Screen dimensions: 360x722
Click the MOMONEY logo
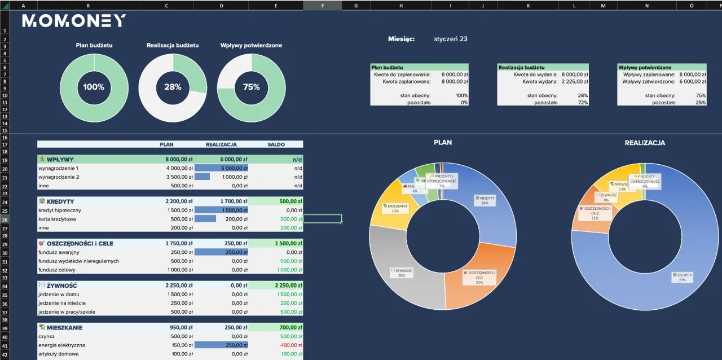click(74, 21)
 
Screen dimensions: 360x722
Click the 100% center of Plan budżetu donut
click(94, 87)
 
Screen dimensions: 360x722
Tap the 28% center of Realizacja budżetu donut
click(173, 87)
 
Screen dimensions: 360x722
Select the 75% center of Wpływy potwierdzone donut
click(251, 87)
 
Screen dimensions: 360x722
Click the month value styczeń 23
click(451, 39)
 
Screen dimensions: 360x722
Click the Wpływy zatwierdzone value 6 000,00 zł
click(693, 81)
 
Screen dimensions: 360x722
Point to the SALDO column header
click(276, 144)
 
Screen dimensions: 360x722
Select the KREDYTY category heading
click(60, 201)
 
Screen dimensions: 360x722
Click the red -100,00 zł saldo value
click(291, 345)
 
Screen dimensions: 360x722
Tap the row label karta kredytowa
click(57, 219)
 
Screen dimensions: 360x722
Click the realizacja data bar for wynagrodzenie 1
click(221, 168)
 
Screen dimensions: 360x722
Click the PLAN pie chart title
click(443, 143)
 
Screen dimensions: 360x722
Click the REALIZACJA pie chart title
click(645, 143)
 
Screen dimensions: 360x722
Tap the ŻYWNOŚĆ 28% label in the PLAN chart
click(402, 273)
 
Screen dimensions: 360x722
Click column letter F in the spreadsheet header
click(322, 6)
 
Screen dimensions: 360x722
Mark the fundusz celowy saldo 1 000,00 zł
click(290, 270)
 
